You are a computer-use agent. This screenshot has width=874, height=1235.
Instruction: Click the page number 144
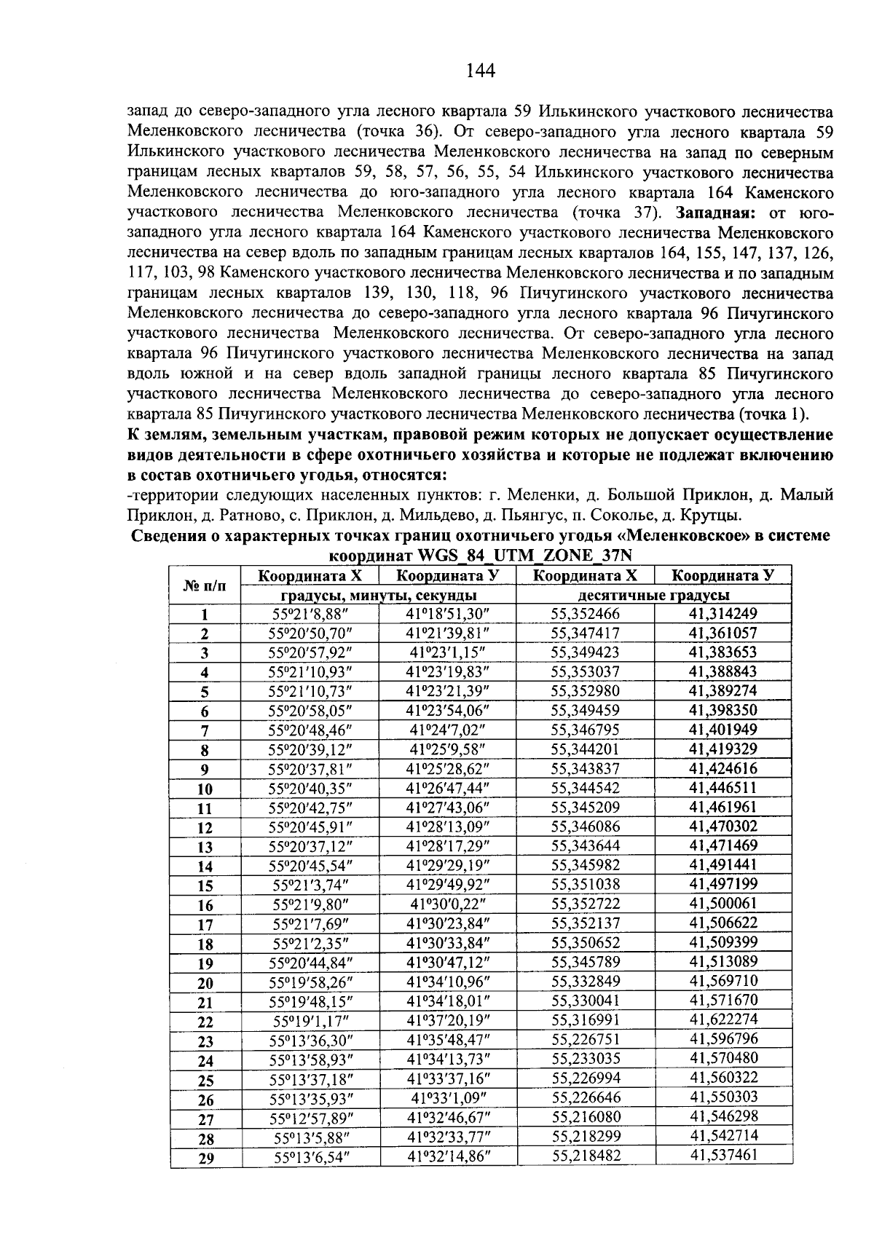(x=480, y=71)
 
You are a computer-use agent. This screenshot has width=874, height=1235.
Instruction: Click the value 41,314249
(x=723, y=614)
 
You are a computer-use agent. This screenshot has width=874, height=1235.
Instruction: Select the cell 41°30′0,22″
(x=447, y=904)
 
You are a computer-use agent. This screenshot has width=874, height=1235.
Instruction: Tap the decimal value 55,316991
(x=585, y=1021)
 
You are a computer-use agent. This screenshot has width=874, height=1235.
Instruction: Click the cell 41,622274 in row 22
(x=723, y=1020)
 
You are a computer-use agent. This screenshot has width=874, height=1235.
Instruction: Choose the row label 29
(x=205, y=1159)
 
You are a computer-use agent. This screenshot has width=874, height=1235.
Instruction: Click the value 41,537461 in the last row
(x=723, y=1156)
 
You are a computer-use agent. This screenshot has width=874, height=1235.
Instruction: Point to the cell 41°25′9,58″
(x=447, y=749)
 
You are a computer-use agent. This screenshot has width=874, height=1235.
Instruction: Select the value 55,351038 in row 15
(x=585, y=885)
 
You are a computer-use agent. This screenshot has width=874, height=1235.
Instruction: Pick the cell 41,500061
(x=723, y=904)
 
